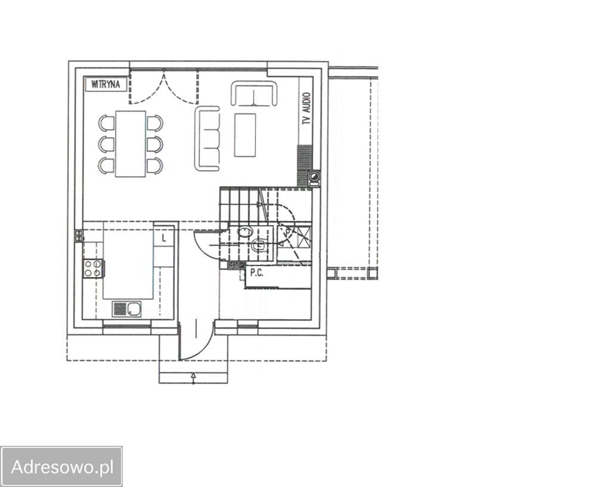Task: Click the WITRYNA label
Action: coord(105,84)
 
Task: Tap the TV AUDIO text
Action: coord(306,109)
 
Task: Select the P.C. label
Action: coord(257,273)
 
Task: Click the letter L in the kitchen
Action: coord(164,238)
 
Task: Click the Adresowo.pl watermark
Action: coord(62,467)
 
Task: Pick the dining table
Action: coord(131,144)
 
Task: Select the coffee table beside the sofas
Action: coord(245,135)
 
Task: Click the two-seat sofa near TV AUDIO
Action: coord(254,93)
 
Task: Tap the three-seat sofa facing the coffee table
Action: coord(208,138)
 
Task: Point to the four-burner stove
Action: coord(93,268)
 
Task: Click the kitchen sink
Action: coord(126,309)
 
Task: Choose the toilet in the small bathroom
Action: coord(259,245)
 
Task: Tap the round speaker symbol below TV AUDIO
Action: coord(314,177)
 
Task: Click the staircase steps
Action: coord(239,205)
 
